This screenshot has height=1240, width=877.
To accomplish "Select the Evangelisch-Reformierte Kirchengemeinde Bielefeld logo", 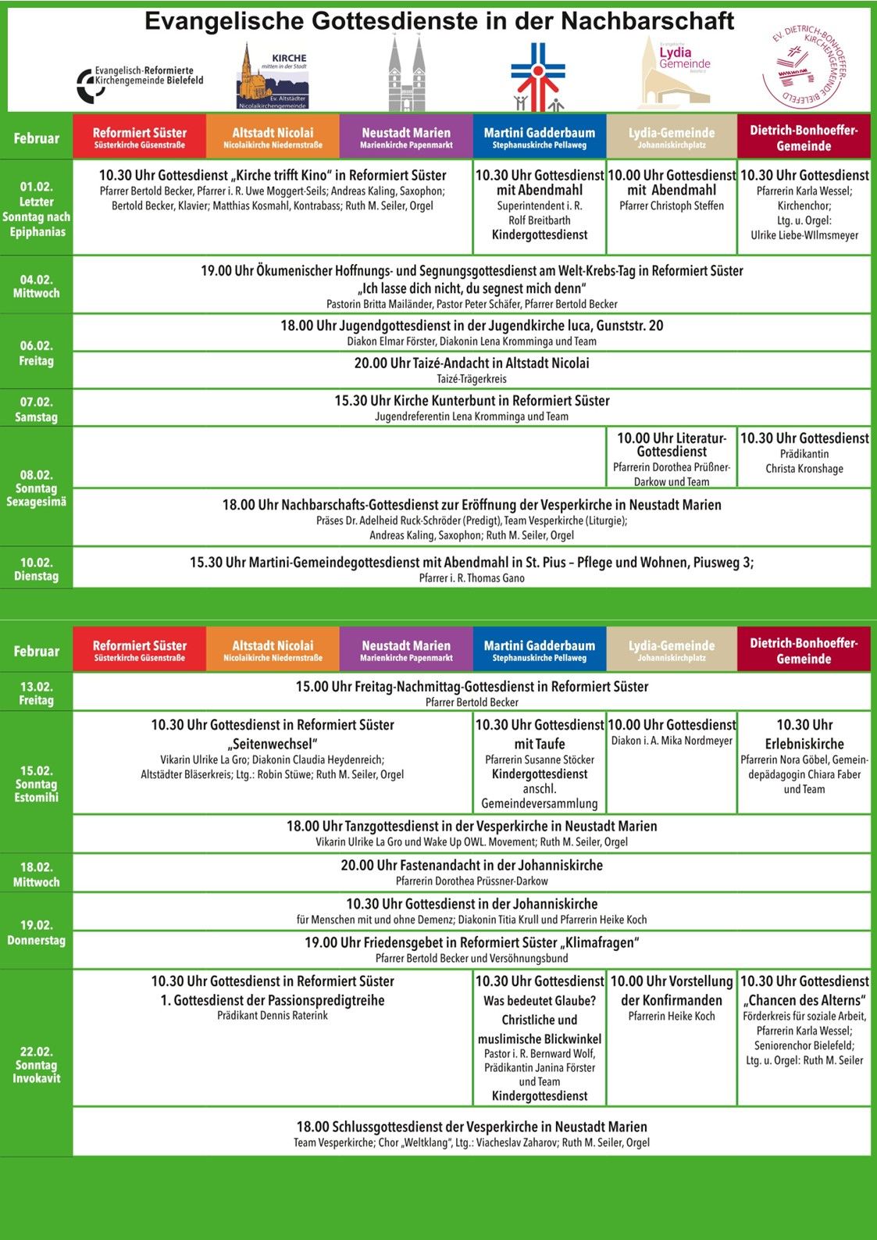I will [x=141, y=82].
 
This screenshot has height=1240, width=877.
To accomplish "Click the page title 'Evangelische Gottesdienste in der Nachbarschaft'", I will [x=439, y=20].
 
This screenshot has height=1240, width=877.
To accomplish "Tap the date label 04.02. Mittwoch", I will [x=36, y=286].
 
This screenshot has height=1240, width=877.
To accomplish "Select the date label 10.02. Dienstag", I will [x=36, y=569].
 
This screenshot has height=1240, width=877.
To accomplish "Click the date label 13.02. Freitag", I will [x=36, y=693].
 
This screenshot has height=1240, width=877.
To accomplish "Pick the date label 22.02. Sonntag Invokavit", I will [x=36, y=1064].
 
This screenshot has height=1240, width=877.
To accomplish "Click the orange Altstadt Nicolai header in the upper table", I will [x=273, y=138].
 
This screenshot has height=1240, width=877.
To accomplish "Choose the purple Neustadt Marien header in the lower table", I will [x=406, y=650].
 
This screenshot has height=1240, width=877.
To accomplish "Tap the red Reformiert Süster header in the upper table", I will [x=140, y=138].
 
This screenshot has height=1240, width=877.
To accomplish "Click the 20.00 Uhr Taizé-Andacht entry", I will [x=472, y=370].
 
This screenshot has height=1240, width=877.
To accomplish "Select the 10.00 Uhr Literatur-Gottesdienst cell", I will [x=672, y=459].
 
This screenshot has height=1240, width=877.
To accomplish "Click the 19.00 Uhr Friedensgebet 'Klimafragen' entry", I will [x=472, y=949].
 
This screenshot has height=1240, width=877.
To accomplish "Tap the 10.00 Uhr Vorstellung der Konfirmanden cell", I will [x=672, y=998].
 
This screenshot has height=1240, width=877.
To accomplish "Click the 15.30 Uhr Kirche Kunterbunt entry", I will [x=472, y=407].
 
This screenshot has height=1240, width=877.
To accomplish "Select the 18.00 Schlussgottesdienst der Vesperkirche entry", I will [x=472, y=1133].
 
